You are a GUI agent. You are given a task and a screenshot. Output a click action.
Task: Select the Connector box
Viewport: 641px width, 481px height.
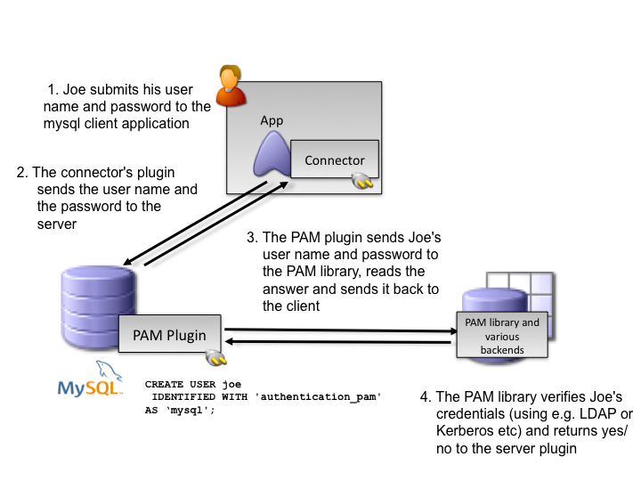pyautogui.click(x=335, y=160)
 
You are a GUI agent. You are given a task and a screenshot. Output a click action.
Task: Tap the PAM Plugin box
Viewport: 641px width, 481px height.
pyautogui.click(x=170, y=335)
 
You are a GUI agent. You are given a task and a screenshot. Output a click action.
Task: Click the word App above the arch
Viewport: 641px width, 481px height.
pyautogui.click(x=272, y=120)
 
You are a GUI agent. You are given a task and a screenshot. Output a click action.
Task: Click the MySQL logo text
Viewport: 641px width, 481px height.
pyautogui.click(x=89, y=388)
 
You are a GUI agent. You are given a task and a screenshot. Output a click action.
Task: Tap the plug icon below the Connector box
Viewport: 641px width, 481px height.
pyautogui.click(x=361, y=183)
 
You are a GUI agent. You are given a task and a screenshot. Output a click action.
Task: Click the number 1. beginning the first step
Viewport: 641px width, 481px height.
pyautogui.click(x=53, y=90)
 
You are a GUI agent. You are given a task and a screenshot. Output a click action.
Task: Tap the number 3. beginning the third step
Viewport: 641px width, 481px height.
pyautogui.click(x=252, y=238)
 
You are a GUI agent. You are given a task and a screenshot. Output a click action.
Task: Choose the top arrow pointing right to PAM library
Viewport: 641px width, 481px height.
pyautogui.click(x=338, y=330)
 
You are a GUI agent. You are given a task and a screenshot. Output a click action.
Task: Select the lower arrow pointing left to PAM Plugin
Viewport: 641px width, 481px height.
pyautogui.click(x=338, y=342)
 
